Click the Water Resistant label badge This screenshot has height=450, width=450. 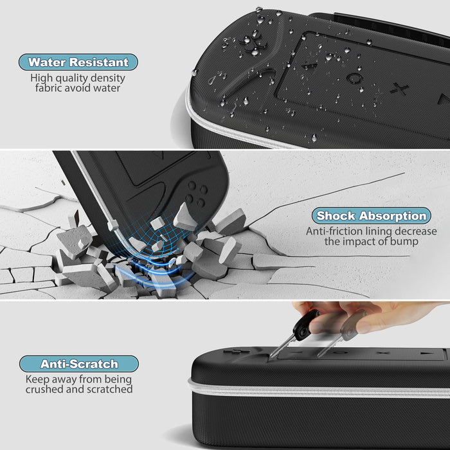(x=78, y=62)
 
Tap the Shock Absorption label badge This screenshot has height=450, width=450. (x=372, y=216)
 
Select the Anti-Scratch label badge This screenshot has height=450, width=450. (x=78, y=364)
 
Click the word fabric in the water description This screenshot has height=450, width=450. (x=53, y=88)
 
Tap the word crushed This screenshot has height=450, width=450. (x=47, y=389)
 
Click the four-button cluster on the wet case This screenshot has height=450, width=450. (x=252, y=42)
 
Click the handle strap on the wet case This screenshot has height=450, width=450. (x=379, y=26)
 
